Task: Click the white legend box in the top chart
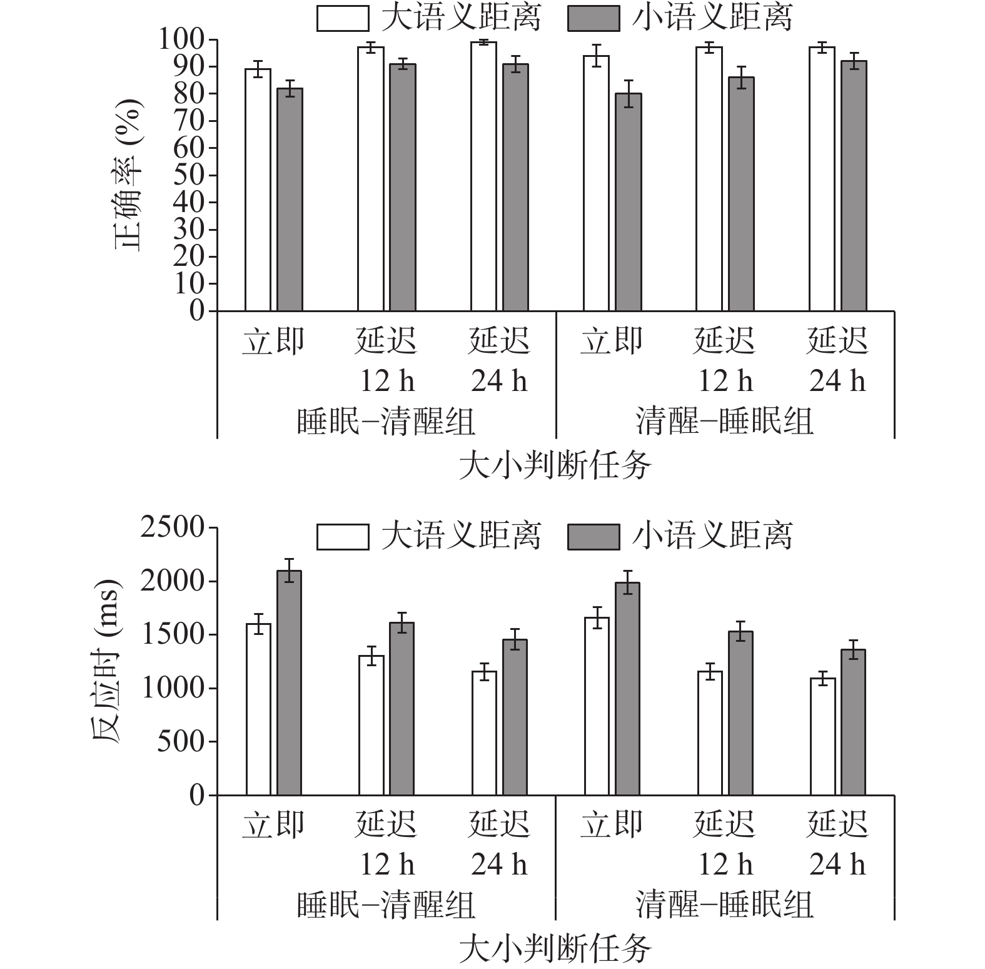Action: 342,18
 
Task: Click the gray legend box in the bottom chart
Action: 593,537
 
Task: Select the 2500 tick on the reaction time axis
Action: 172,527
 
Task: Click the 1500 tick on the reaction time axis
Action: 172,635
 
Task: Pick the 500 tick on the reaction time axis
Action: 180,742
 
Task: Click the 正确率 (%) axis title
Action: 128,175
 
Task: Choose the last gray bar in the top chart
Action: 854,186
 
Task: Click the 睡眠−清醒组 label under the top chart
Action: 386,421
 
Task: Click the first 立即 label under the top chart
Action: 273,342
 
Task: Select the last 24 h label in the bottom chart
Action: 837,865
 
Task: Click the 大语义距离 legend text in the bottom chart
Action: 461,536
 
